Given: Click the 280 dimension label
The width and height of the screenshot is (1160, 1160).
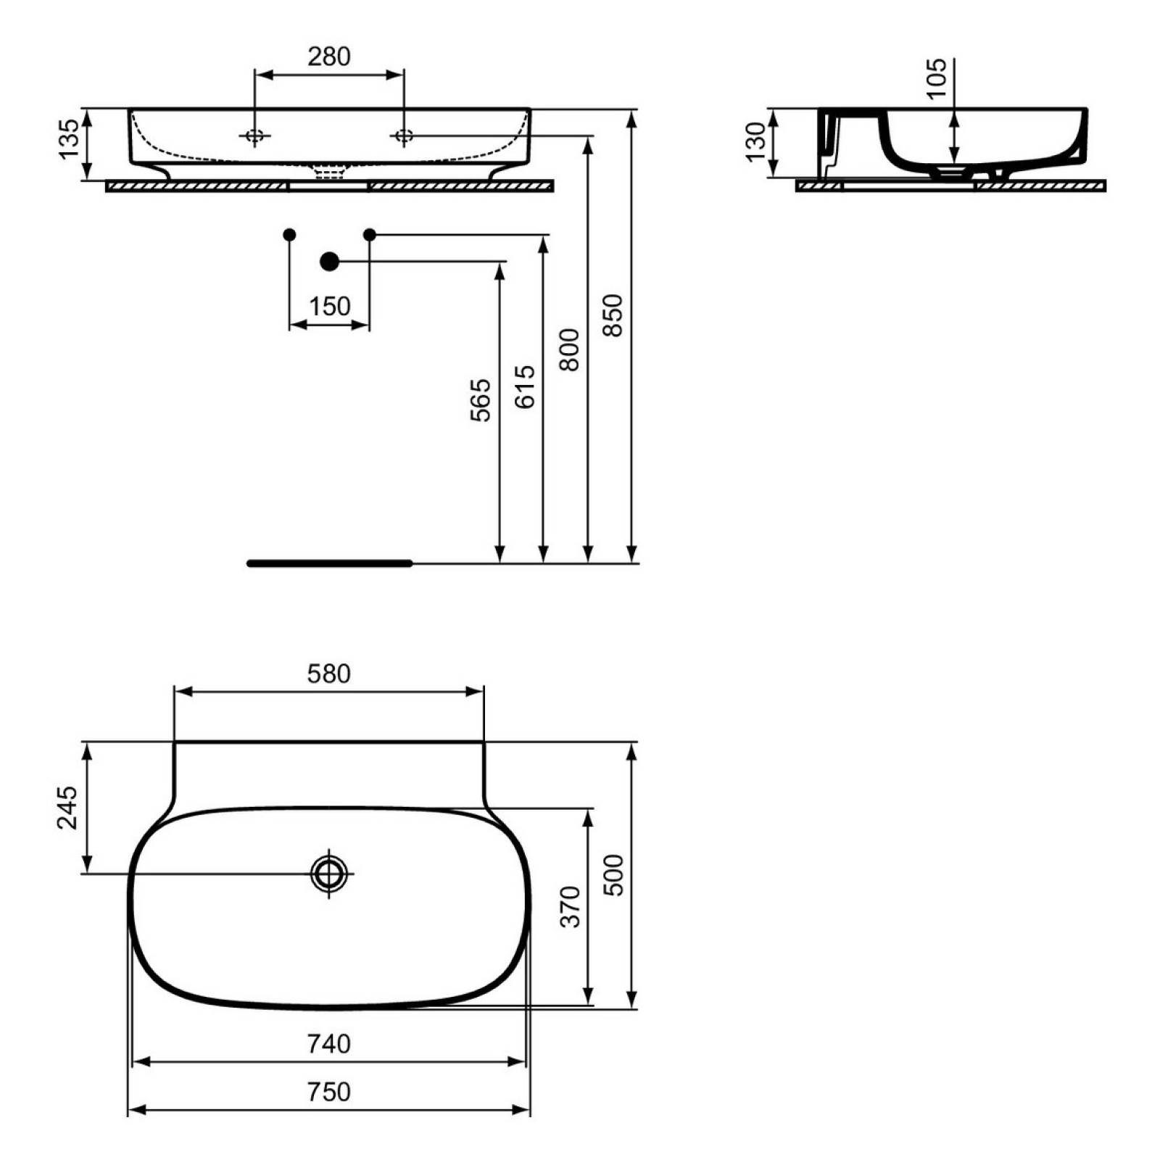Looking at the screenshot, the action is (329, 57).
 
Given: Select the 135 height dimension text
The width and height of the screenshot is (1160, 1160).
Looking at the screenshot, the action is (69, 139).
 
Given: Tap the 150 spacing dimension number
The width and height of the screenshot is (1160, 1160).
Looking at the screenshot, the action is (330, 307).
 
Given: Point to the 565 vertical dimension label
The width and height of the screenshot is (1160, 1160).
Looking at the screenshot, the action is (480, 399).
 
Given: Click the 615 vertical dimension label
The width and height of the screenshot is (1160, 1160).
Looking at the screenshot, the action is (525, 386).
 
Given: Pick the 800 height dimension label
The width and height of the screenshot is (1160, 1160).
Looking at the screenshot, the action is (570, 350).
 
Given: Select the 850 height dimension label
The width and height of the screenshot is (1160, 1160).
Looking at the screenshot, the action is (613, 315).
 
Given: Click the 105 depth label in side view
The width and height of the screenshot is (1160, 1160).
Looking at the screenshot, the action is (937, 78).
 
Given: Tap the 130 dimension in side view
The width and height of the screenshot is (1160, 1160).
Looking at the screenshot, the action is (755, 142).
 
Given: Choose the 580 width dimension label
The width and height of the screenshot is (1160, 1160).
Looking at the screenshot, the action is (329, 674).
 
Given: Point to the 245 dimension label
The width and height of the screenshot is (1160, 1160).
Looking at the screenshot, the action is (67, 807).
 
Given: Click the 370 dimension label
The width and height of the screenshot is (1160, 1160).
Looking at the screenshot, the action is (571, 906).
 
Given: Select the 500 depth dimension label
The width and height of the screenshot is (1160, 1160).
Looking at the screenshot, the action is (613, 875).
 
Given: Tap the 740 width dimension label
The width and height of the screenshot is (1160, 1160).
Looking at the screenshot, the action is (329, 1044).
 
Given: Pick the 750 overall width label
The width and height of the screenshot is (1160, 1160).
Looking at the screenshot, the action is (329, 1092).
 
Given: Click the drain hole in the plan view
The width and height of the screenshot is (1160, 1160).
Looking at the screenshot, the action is (329, 874).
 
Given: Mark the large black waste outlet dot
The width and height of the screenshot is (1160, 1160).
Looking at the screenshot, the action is (330, 261).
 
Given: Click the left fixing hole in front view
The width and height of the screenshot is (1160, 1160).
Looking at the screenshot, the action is (254, 136).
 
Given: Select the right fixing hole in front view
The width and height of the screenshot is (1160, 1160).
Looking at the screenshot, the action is (404, 136).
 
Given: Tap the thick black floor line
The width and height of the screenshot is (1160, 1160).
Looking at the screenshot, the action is (330, 563).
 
